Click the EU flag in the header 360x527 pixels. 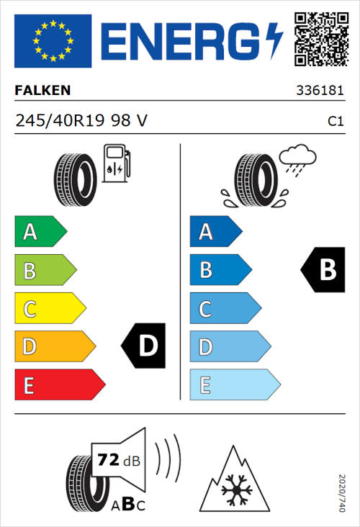[x=53, y=41]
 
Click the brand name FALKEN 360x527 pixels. [x=42, y=91]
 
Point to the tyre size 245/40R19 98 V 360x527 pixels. [x=81, y=122]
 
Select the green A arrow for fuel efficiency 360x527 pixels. [x=40, y=232]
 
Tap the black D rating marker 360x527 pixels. [x=145, y=346]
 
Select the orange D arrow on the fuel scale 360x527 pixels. [x=54, y=346]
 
